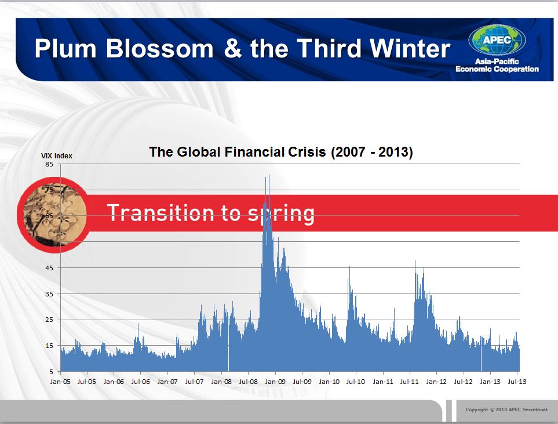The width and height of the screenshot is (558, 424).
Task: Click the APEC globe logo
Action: pyautogui.click(x=497, y=40)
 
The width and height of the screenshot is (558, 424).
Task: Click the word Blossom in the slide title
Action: pyautogui.click(x=159, y=49)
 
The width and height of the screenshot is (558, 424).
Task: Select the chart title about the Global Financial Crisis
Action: pyautogui.click(x=281, y=152)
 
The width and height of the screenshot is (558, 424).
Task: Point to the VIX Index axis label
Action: pyautogui.click(x=57, y=155)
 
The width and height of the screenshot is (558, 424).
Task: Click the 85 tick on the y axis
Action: pyautogui.click(x=49, y=164)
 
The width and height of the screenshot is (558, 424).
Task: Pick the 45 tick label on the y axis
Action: pyautogui.click(x=49, y=268)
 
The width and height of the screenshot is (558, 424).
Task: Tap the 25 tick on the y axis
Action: pyautogui.click(x=49, y=320)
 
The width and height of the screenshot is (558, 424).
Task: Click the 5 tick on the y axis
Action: pyautogui.click(x=51, y=372)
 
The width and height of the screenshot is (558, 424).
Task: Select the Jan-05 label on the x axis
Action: pyautogui.click(x=60, y=382)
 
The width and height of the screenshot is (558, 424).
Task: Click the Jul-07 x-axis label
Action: pyautogui.click(x=194, y=382)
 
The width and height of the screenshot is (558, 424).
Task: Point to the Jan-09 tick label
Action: pyautogui.click(x=275, y=382)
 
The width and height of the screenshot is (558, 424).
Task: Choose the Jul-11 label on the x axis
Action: pyautogui.click(x=409, y=382)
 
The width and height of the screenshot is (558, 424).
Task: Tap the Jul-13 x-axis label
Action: pyautogui.click(x=517, y=382)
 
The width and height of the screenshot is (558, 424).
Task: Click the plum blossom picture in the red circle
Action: pyautogui.click(x=55, y=215)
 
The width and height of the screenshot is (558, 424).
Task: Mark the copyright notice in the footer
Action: pyautogui.click(x=507, y=409)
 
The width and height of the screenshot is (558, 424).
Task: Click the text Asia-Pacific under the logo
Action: pyautogui.click(x=497, y=61)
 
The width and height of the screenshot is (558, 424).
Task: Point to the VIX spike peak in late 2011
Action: pyautogui.click(x=415, y=261)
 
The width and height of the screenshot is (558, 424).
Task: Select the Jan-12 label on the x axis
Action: pyautogui.click(x=436, y=382)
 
